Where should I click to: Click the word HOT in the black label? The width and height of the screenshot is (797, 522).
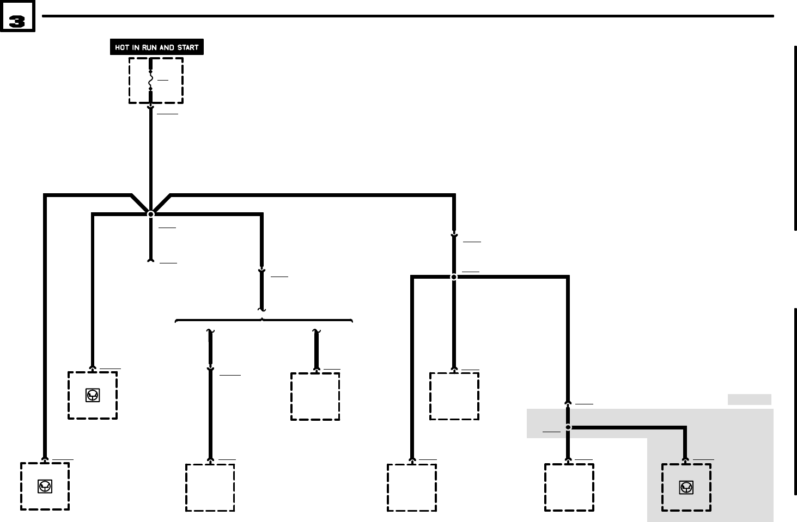(122, 47)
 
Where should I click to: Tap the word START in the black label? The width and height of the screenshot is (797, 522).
(188, 47)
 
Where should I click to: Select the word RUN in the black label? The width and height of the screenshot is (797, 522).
(150, 47)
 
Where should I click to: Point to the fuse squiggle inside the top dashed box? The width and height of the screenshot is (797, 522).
(151, 81)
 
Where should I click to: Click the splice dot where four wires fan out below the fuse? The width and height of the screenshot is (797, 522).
(151, 214)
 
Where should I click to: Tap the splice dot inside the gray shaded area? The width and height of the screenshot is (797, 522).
(568, 427)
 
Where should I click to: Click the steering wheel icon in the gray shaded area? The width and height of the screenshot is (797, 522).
(686, 488)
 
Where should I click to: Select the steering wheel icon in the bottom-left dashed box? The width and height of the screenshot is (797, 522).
(45, 487)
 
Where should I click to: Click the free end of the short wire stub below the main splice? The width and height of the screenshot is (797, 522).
(151, 261)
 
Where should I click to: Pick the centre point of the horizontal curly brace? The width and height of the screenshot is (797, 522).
(262, 320)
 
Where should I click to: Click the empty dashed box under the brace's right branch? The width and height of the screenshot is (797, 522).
(315, 396)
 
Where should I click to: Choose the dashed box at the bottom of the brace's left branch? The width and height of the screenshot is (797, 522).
(210, 487)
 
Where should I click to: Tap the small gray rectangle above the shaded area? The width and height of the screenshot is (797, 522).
(749, 400)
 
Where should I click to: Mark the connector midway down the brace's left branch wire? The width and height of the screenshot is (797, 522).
(210, 370)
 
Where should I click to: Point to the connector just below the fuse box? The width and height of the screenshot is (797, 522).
(151, 107)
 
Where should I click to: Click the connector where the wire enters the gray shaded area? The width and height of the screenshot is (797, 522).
(568, 403)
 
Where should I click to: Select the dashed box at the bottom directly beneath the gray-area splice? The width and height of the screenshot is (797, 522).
(569, 487)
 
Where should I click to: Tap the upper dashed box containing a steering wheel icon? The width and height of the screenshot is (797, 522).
(93, 396)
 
